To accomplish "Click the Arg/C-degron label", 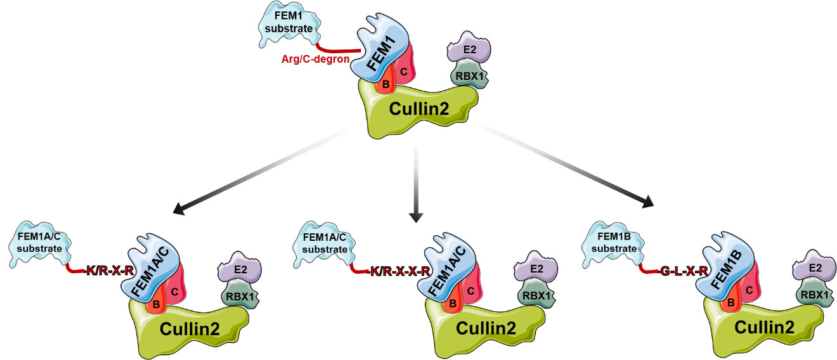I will pyautogui.click(x=311, y=60).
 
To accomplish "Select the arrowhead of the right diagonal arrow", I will pyautogui.click(x=647, y=203).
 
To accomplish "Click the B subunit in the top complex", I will pyautogui.click(x=383, y=84).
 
